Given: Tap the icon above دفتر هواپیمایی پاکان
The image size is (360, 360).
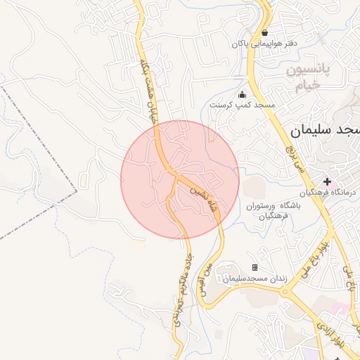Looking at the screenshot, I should point(264,32).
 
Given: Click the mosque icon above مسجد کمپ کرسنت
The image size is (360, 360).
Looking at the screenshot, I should point(243,95).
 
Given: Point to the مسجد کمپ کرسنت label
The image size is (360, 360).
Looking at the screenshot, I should point(243,105).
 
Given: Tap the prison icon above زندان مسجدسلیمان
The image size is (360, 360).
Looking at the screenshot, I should point(255,268).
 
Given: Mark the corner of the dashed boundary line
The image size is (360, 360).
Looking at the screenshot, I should point(75,189).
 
